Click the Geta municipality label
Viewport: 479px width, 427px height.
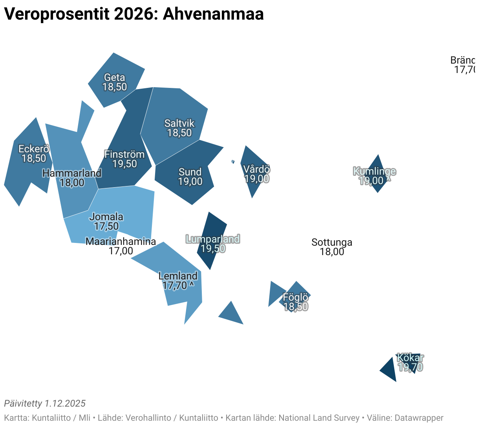coord(114,77)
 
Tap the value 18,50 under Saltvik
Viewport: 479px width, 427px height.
coord(179,133)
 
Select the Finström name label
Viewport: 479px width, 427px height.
coord(124,154)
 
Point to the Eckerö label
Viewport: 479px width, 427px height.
coord(34,149)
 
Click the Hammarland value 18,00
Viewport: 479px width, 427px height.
coord(72,182)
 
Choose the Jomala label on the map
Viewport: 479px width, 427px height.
coord(106,217)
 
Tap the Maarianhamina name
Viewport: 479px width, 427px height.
coord(121,241)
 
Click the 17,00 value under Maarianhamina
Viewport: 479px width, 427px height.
coord(121,251)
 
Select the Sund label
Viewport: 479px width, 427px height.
coord(190,172)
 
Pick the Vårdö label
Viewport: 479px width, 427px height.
coord(256,169)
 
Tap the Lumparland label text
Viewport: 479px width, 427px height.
coord(212,239)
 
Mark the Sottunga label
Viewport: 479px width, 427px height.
coord(332,242)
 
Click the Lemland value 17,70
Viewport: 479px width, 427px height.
coord(175,285)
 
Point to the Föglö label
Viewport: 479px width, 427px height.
coord(296,297)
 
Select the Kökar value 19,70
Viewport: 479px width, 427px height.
coord(410,367)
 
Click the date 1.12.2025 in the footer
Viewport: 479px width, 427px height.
coord(65,403)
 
